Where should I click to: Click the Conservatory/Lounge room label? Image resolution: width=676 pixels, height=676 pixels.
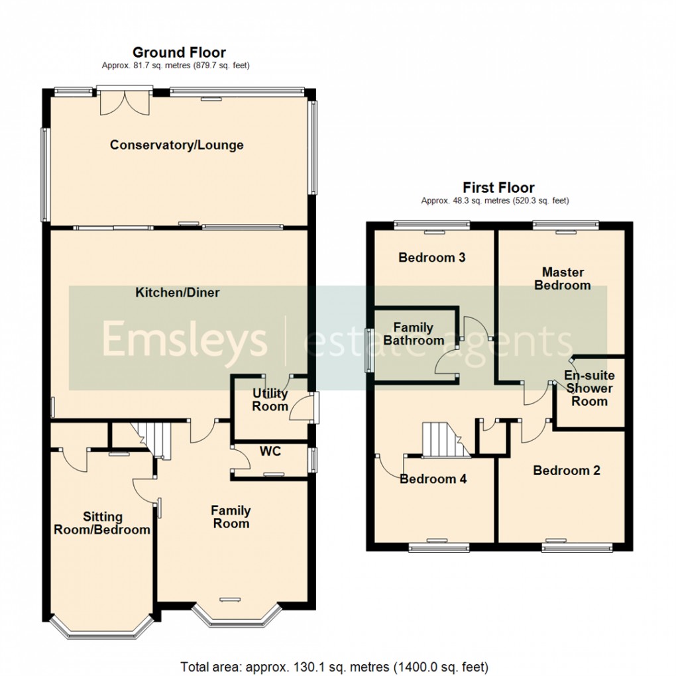coord(177,145)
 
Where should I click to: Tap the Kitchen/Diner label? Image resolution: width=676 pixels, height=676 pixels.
coord(178,292)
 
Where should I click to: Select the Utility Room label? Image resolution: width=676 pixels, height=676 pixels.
coord(270,400)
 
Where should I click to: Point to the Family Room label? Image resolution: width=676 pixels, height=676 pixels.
coord(231,517)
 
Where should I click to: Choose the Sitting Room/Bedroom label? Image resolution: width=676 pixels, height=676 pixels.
coord(103,523)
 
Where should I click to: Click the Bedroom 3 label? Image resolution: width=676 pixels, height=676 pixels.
coord(431,258)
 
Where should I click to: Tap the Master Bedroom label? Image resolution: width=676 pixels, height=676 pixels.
coord(563,278)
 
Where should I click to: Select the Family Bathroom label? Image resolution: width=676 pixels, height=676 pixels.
coord(414,334)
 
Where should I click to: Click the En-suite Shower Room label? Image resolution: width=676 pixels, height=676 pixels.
coord(589,388)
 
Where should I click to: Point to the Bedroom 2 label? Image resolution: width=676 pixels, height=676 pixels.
coord(567,471)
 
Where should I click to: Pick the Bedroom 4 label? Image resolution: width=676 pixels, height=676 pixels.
coord(433,479)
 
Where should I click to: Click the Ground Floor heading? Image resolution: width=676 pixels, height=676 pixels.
coord(179,52)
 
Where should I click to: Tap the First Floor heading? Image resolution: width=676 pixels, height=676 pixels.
coord(498,188)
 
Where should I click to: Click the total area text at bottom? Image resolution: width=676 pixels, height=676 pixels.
coord(335,666)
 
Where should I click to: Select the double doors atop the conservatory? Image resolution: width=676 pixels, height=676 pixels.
coord(125,101)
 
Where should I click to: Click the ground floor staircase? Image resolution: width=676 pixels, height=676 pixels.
coord(154,439)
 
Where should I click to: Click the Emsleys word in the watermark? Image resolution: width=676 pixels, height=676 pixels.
coord(184,340)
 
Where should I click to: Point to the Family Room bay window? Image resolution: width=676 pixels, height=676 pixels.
coord(236,615)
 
